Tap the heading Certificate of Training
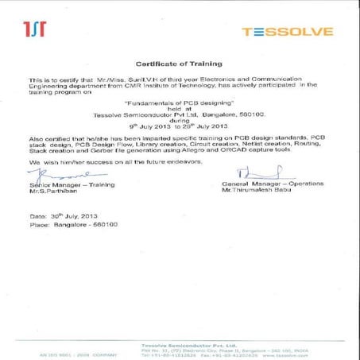(179, 62)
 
